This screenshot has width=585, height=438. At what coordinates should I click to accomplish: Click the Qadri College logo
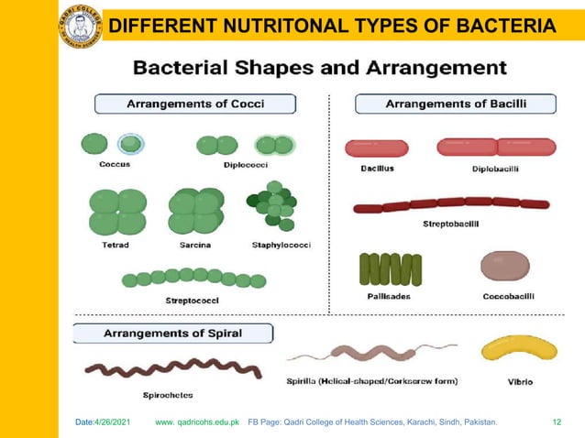click(81, 24)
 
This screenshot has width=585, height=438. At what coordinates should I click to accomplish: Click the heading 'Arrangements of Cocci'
click(195, 104)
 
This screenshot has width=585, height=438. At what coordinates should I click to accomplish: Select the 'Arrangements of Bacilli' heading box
click(455, 104)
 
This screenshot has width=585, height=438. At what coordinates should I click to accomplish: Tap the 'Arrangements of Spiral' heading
click(172, 333)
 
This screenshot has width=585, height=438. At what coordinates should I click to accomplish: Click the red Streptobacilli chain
click(451, 204)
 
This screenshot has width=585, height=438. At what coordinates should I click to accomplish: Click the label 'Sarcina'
click(195, 245)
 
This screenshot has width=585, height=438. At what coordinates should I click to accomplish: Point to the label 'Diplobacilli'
click(496, 169)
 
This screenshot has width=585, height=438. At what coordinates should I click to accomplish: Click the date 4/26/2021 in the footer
click(107, 422)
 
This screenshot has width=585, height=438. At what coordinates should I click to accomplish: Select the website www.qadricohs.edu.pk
click(197, 422)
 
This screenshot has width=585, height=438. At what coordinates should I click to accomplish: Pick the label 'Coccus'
click(115, 165)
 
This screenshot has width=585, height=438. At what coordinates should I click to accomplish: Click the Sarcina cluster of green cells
click(195, 212)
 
